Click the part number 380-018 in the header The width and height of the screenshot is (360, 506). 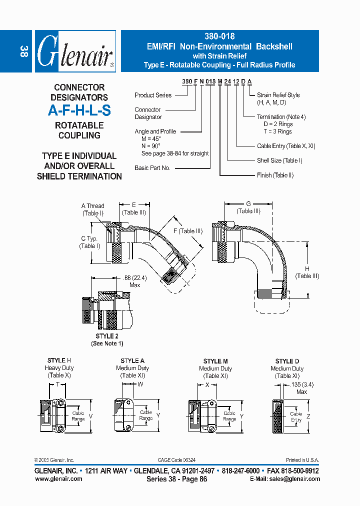pos(219,36)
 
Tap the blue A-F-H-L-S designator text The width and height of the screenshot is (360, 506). pos(79,111)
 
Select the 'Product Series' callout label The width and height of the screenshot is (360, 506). pos(153,95)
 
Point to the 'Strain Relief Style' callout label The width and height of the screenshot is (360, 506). pos(278,94)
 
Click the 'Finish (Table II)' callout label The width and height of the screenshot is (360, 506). pos(275,175)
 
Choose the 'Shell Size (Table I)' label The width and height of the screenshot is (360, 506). pos(279,160)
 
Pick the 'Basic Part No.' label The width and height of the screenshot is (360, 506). pos(152,168)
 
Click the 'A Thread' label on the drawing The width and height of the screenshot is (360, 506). pos(92,206)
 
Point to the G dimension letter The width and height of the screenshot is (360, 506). pos(248,204)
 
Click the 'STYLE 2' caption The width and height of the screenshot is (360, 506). pos(106,336)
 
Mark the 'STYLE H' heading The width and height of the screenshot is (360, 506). pos(59,360)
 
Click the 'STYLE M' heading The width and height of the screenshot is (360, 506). pos(215,361)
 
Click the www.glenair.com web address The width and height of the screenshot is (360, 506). pos(58,478)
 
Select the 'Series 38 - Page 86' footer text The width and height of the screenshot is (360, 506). pos(176,479)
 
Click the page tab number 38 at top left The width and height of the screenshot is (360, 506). pos(23,51)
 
